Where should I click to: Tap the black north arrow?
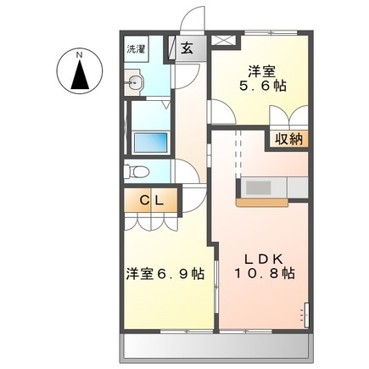pyautogui.click(x=80, y=75)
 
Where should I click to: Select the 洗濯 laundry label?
pyautogui.click(x=136, y=49)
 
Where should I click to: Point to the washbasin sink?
pyautogui.click(x=136, y=82)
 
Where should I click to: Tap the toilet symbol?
pyautogui.click(x=135, y=170)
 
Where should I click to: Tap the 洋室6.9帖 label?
pyautogui.click(x=165, y=273)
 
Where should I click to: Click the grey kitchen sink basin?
pyautogui.click(x=258, y=187)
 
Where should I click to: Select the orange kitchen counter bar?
pyautogui.click(x=263, y=204)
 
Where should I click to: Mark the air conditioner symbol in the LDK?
pyautogui.click(x=303, y=314)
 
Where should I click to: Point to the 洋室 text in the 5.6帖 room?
pyautogui.click(x=259, y=68)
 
